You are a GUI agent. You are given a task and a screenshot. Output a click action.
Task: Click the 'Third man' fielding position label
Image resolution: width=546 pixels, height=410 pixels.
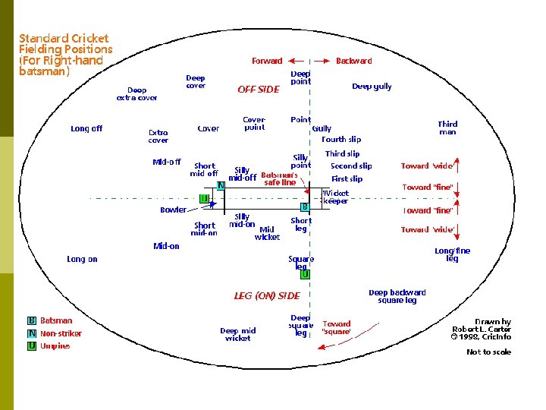coord(447,128)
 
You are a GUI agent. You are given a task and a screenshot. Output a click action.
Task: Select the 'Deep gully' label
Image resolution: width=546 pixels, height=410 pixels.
coord(372,87)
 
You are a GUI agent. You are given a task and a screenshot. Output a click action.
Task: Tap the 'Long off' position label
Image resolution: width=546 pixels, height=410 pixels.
coord(86,128)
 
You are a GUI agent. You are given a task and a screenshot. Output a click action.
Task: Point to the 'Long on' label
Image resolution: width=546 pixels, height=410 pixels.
coord(82,259)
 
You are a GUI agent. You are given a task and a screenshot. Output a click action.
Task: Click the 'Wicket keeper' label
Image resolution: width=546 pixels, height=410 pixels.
coord(336,197)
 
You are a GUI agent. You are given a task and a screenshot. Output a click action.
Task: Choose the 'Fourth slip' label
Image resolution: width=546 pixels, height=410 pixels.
coord(341,140)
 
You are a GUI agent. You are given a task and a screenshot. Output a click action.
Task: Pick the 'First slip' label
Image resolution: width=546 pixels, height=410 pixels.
coord(347,179)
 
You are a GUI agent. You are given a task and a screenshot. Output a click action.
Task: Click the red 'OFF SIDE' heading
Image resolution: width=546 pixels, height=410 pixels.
coord(259,89)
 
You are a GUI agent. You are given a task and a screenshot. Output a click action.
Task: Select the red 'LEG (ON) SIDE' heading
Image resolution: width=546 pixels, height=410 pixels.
coord(267,295)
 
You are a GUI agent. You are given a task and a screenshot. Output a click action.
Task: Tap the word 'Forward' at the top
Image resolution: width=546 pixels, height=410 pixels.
coord(267,61)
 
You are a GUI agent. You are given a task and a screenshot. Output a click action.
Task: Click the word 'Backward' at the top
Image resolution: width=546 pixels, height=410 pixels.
coord(353,61)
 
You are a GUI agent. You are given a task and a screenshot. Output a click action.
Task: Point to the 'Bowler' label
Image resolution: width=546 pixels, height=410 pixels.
coord(173,210)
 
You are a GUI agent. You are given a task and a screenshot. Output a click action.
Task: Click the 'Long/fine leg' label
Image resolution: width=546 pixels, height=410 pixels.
coord(452,254)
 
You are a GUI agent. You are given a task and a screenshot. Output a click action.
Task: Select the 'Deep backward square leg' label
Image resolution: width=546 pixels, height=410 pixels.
coord(397,296)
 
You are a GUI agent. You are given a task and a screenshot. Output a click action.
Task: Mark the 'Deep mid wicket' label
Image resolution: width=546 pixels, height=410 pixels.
coord(237,334)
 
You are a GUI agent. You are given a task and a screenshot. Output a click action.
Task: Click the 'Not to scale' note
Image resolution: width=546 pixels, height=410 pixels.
coord(488,352)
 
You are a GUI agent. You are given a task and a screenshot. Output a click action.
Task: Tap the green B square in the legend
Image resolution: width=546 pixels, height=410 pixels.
coord(32,320)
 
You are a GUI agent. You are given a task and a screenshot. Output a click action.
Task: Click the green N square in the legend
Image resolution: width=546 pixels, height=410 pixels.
coord(32,333)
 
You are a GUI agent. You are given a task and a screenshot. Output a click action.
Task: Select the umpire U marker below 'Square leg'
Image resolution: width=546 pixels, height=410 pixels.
coord(305,275)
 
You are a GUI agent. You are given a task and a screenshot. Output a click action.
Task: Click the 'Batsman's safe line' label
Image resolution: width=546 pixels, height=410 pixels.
coord(279,178)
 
